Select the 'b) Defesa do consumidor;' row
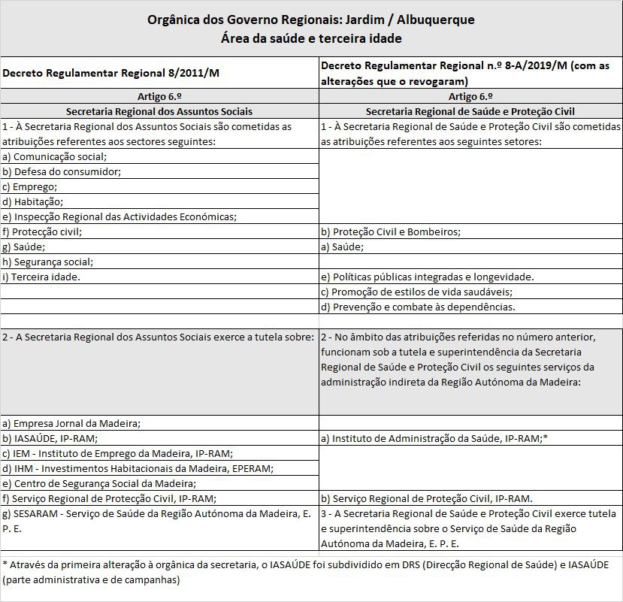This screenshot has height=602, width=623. point(62,171)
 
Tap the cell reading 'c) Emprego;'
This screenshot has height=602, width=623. point(30,186)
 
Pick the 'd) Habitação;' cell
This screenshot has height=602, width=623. point(33,201)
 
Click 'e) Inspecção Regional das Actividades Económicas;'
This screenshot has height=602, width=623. point(119,216)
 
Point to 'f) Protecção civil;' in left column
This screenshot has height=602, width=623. point(42,231)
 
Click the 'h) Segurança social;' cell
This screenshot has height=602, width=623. point(48,262)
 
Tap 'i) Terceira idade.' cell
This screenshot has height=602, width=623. point(41,277)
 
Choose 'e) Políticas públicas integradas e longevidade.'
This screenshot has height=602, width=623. point(427,277)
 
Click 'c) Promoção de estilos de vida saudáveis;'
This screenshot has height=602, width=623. point(416,292)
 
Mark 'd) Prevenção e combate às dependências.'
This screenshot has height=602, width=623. point(418,307)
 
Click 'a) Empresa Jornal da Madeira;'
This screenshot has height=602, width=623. point(71,422)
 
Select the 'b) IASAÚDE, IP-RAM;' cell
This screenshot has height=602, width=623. point(50,437)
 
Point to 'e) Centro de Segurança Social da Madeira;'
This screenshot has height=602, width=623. point(99,483)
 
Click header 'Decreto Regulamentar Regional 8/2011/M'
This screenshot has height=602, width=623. point(110,73)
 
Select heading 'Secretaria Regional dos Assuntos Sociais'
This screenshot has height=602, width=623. point(159,110)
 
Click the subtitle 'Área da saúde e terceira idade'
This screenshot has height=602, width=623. point(311,38)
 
